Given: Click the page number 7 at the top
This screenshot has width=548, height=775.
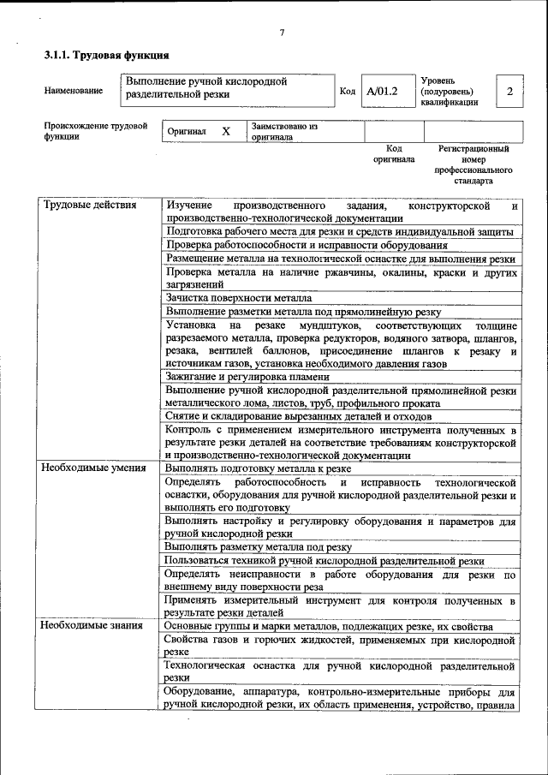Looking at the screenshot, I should [x=281, y=33].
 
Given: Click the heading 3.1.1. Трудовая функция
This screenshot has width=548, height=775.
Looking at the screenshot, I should [x=105, y=57].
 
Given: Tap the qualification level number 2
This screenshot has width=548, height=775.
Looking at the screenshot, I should [x=509, y=91].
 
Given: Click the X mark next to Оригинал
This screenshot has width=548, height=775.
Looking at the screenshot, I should [x=226, y=132].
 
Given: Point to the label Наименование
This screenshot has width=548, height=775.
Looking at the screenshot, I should [x=74, y=91].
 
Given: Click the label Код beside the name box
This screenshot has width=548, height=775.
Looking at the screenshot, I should [x=348, y=91].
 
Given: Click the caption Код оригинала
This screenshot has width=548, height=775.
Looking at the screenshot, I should [x=394, y=154].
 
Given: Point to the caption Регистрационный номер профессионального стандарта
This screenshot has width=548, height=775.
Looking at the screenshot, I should [x=474, y=165].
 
